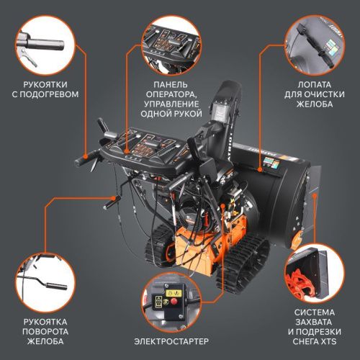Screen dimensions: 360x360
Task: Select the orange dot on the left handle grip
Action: pos(85,156)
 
